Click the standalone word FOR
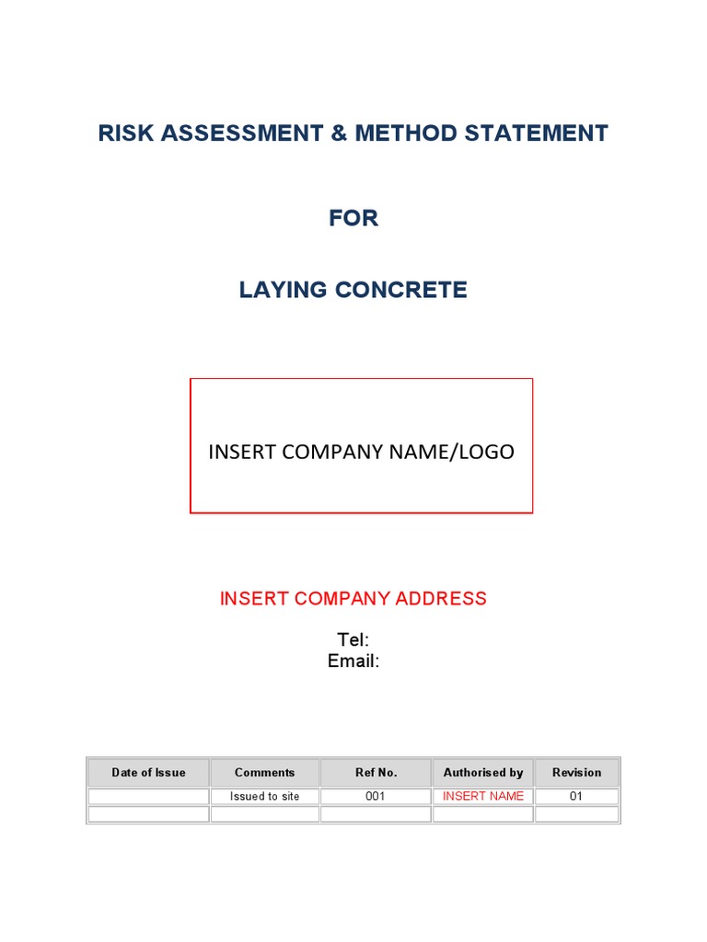click(x=353, y=218)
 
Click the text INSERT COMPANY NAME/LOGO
click(x=361, y=452)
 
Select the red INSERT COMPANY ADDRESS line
click(x=353, y=599)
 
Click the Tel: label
click(x=353, y=640)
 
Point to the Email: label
click(x=353, y=661)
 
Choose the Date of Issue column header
click(x=148, y=773)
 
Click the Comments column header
click(x=265, y=773)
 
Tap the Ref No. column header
click(x=376, y=773)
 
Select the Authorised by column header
click(x=483, y=773)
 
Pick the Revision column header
click(x=576, y=773)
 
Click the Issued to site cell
click(x=265, y=797)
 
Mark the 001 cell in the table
click(x=376, y=797)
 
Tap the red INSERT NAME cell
click(x=483, y=797)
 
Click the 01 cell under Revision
click(x=576, y=797)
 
